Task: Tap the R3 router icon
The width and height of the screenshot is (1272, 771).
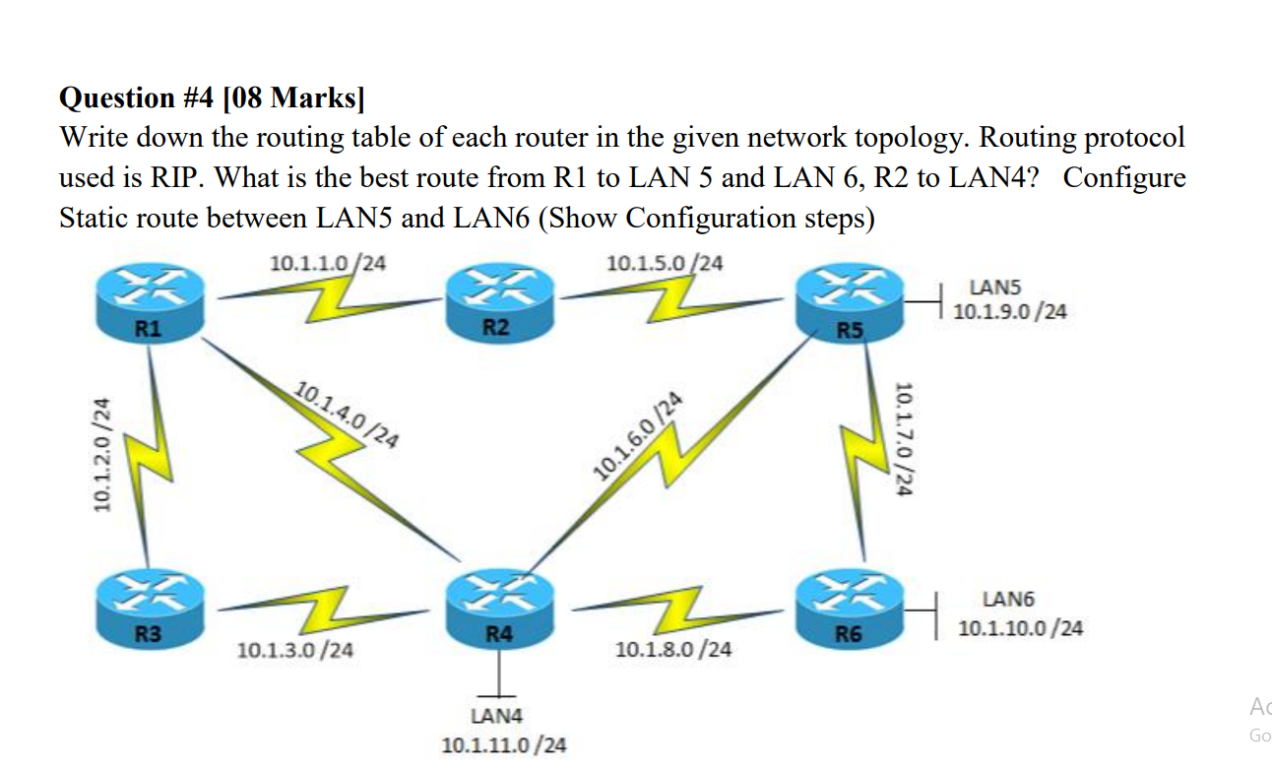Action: click(x=151, y=609)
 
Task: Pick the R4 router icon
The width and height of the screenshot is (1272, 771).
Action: click(x=499, y=609)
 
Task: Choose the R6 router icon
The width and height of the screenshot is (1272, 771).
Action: click(x=850, y=609)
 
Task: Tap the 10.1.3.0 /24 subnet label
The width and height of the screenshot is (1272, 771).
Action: click(x=296, y=651)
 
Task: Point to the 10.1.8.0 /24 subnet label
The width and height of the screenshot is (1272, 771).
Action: click(x=673, y=650)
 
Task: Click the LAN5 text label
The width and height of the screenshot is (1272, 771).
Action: click(x=995, y=288)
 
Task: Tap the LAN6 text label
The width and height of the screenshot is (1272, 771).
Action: click(x=1008, y=600)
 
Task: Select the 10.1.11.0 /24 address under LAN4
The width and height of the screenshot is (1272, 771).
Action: click(x=504, y=744)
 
